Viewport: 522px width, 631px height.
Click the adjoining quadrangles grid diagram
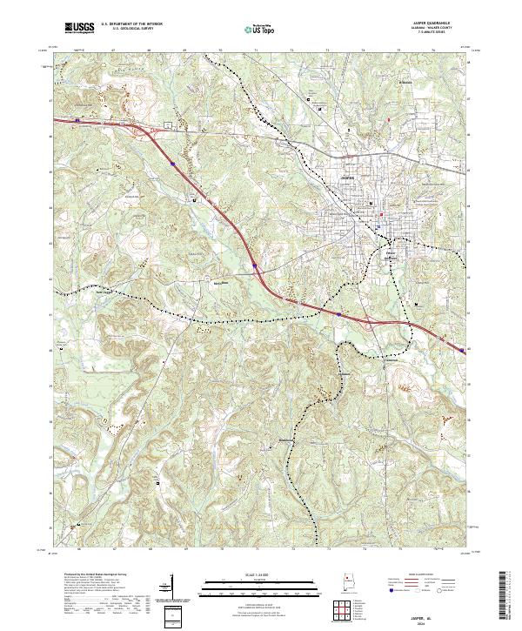[345, 612]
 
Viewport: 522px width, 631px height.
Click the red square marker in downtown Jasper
[381, 214]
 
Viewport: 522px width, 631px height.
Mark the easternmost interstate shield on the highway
[458, 350]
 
